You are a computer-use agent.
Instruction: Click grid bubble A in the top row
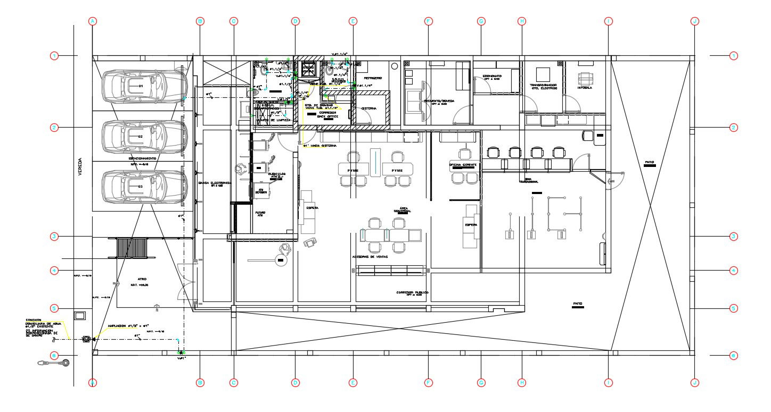(93, 21)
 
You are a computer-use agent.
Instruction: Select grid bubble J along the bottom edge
(694, 382)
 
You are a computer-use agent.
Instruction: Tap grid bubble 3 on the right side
(734, 236)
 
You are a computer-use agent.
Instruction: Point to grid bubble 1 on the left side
(54, 56)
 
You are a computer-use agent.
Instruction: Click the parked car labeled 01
(144, 86)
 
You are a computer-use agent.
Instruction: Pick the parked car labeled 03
(144, 187)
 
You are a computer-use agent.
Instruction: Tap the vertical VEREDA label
(80, 167)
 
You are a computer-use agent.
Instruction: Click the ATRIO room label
(141, 279)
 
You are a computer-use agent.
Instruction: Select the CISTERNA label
(369, 108)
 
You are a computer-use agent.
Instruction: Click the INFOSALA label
(584, 88)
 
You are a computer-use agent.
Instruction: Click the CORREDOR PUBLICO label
(412, 292)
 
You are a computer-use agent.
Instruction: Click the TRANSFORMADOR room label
(543, 86)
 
